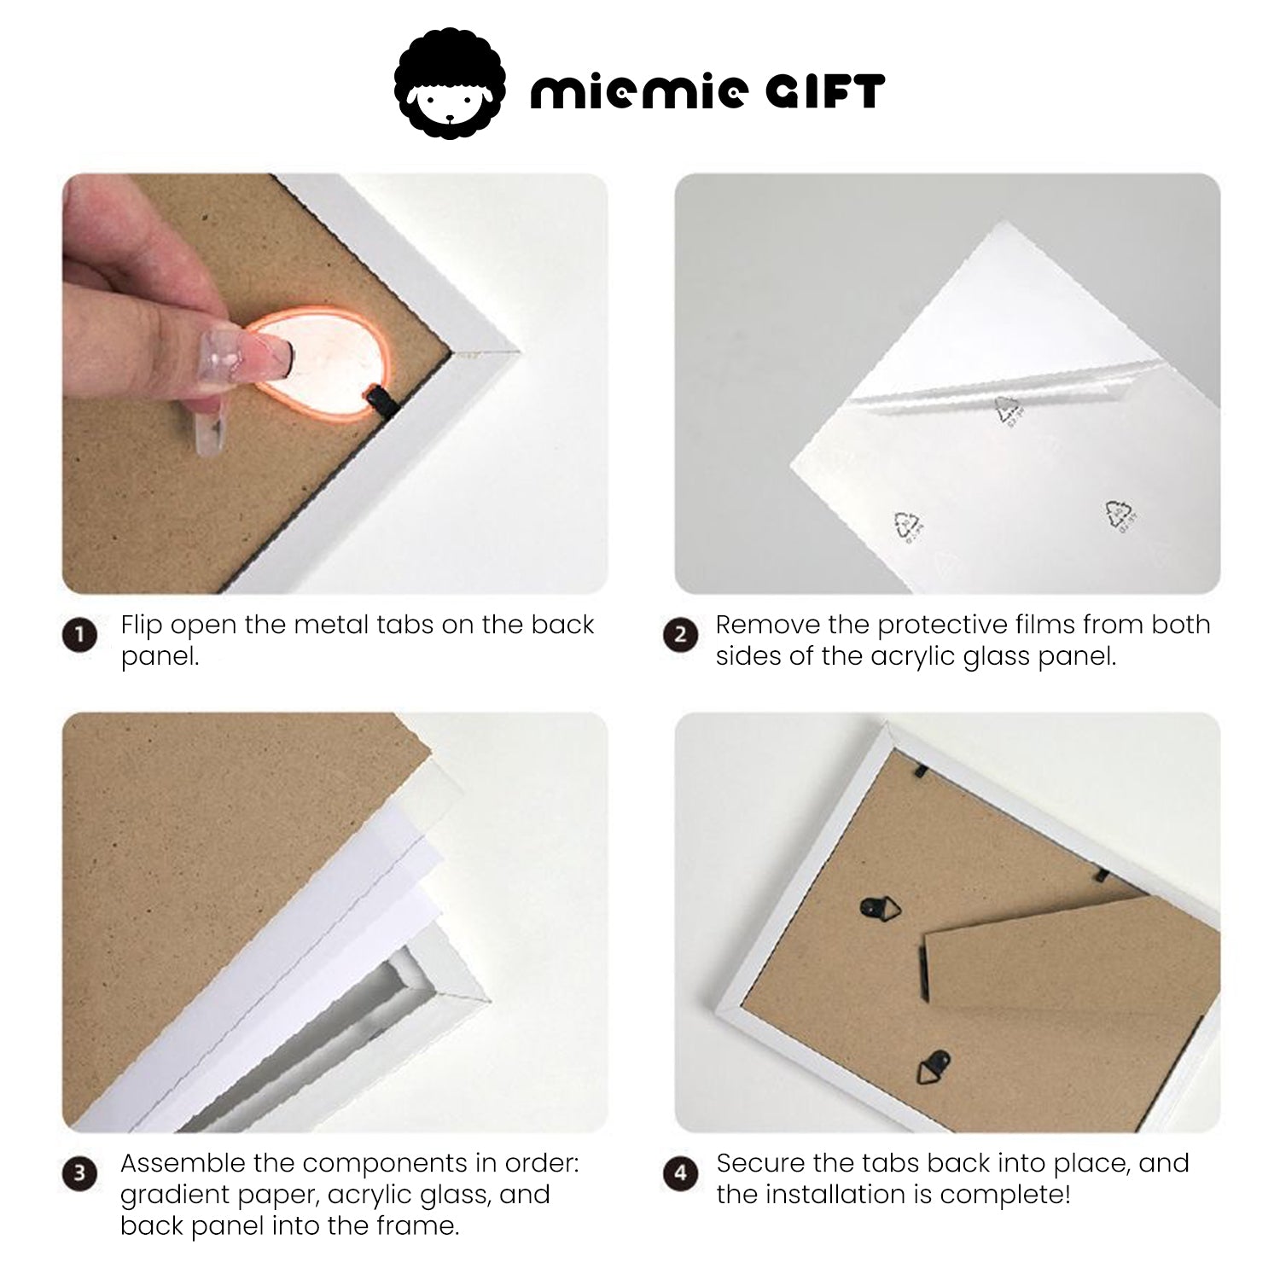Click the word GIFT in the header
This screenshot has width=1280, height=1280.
[x=824, y=91]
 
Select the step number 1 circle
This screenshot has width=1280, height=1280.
[x=80, y=636]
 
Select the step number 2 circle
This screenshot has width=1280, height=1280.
[x=680, y=636]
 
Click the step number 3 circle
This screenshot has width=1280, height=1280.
[x=80, y=1173]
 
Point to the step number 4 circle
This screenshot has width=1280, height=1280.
[x=680, y=1173]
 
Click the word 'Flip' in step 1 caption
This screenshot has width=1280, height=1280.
[x=141, y=625]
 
